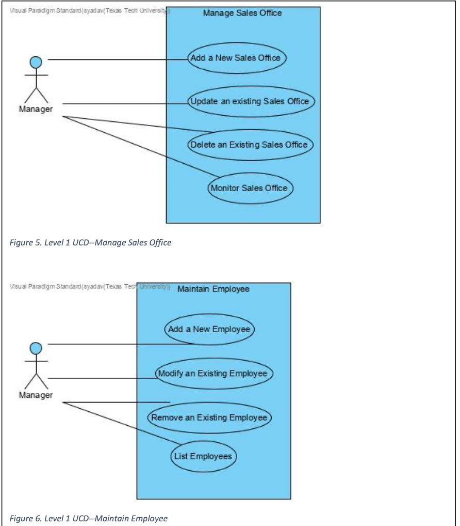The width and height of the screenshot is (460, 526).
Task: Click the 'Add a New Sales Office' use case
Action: tap(236, 58)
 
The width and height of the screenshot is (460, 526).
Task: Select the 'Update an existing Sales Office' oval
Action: tap(250, 101)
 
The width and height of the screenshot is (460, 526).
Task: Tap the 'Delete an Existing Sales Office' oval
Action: tap(250, 144)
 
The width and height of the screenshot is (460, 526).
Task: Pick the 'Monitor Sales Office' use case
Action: tap(250, 188)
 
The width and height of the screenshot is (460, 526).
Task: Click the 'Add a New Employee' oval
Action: tap(209, 329)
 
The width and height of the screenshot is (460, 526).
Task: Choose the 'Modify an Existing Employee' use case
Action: tap(213, 373)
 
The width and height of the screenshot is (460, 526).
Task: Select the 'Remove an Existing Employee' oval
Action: tap(209, 417)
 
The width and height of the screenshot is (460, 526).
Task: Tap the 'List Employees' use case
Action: tap(204, 456)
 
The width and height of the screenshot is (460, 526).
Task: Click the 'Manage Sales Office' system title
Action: tap(242, 13)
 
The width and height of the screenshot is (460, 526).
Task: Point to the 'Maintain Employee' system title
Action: tap(213, 289)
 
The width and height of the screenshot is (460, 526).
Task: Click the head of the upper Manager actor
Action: tap(36, 62)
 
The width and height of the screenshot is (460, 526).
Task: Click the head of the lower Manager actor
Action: tap(36, 348)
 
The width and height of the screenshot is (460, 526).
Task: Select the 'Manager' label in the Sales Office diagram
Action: tap(36, 110)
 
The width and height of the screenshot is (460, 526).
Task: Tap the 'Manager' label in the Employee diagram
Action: tap(36, 395)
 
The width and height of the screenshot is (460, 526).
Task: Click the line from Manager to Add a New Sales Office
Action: tap(119, 59)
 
